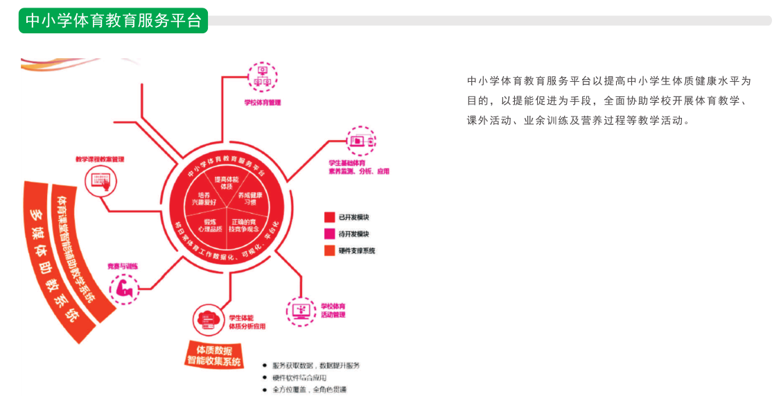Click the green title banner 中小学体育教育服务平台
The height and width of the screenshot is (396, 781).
(113, 21)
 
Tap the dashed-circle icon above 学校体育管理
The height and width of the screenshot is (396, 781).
(263, 76)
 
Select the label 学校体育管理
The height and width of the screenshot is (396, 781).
(262, 103)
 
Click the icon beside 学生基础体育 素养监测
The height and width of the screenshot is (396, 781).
(360, 141)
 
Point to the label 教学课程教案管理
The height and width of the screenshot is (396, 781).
(100, 159)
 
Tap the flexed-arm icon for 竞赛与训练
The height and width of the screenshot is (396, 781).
(125, 286)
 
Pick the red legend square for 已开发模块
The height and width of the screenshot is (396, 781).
(329, 218)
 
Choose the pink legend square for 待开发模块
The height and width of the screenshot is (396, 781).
(329, 234)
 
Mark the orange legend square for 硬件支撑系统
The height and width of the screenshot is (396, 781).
(329, 250)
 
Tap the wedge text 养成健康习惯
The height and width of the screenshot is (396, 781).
(251, 198)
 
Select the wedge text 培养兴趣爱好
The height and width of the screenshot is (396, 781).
(203, 198)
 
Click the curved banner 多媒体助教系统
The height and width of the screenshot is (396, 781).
(52, 260)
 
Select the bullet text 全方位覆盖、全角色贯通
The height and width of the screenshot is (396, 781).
(310, 390)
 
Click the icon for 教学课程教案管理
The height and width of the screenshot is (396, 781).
(97, 182)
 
